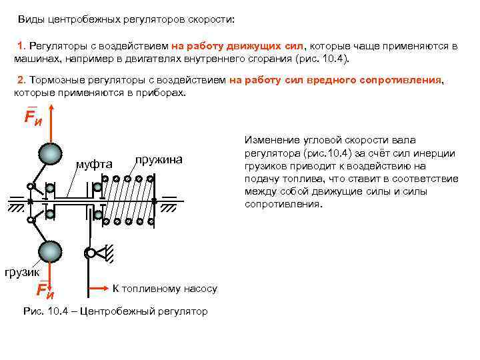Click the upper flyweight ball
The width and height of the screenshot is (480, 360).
pos(51,155)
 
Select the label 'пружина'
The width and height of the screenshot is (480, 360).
pos(158,161)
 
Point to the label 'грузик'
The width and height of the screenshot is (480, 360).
pos(22,271)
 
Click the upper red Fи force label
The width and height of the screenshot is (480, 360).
pos(33,118)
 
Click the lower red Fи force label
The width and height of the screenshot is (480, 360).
pos(45,290)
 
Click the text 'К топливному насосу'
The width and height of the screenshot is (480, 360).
pos(165,289)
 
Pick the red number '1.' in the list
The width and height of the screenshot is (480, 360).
pos(22,46)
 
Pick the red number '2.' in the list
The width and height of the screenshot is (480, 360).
pos(22,81)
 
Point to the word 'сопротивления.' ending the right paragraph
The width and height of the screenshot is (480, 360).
pos(283,204)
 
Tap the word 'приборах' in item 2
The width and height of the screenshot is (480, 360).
pos(163,93)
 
